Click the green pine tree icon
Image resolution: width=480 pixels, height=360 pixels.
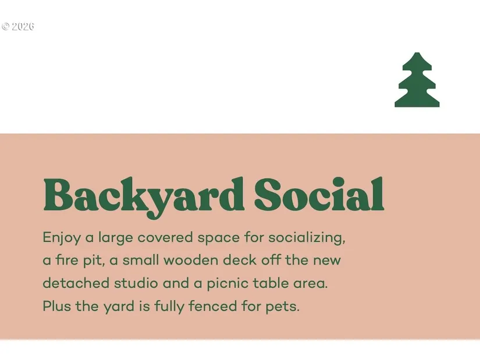tap(417, 80)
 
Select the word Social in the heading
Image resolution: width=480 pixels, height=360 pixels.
tap(319, 194)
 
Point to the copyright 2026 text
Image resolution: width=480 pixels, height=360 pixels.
tap(18, 27)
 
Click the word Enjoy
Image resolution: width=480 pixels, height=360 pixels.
tap(62, 238)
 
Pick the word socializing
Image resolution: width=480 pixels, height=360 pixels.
tap(307, 238)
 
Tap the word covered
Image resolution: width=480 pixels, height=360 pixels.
tap(165, 238)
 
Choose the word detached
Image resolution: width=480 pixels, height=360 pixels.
tap(76, 283)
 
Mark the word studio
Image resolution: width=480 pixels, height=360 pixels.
tap(136, 283)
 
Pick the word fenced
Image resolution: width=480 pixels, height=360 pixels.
tap(213, 306)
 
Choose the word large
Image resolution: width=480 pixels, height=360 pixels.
tap(115, 238)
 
